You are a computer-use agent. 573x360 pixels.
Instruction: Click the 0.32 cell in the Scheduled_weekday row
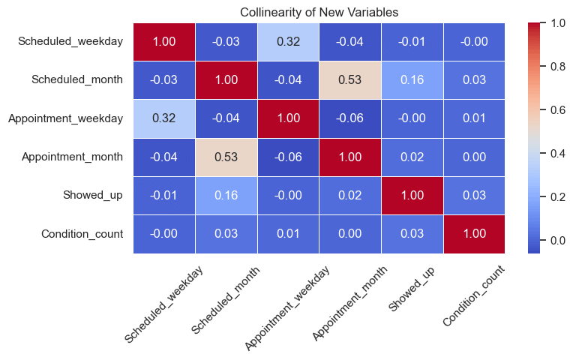pyautogui.click(x=288, y=42)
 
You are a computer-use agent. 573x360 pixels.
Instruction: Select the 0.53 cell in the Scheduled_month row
pyautogui.click(x=350, y=80)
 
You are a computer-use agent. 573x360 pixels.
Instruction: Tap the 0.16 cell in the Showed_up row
pyautogui.click(x=226, y=196)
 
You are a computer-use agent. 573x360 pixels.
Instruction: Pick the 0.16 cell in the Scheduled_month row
pyautogui.click(x=412, y=80)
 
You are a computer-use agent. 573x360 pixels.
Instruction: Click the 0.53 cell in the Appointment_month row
pyautogui.click(x=226, y=157)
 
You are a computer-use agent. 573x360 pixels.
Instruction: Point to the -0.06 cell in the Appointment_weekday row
pyautogui.click(x=350, y=118)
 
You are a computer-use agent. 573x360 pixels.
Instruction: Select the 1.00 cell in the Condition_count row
pyautogui.click(x=474, y=234)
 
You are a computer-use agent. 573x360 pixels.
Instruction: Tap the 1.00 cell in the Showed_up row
pyautogui.click(x=412, y=196)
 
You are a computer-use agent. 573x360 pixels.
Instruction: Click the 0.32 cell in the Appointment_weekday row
pyautogui.click(x=164, y=118)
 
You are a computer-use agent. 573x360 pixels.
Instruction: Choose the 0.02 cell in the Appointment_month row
pyautogui.click(x=412, y=157)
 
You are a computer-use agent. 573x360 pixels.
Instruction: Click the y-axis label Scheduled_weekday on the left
pyautogui.click(x=70, y=42)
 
